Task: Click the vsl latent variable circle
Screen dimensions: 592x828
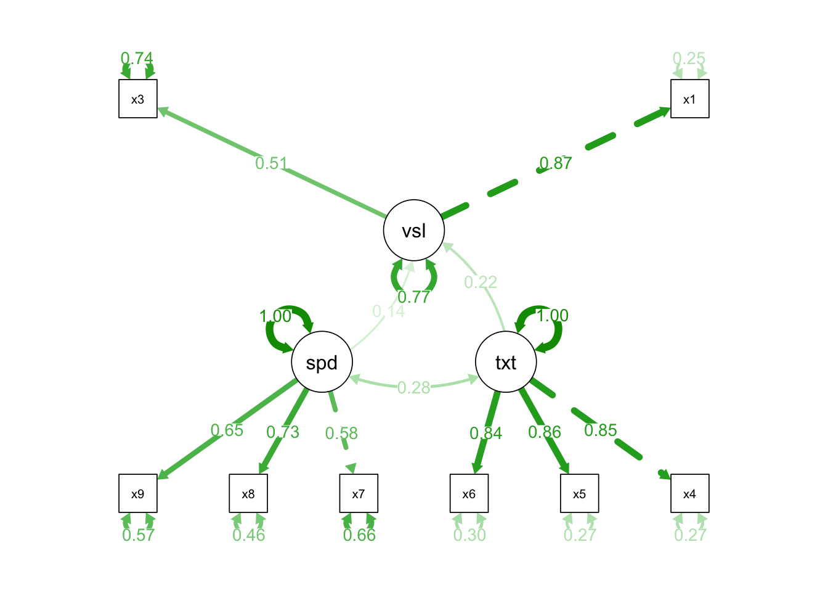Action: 413,230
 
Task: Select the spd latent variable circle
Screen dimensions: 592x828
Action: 322,362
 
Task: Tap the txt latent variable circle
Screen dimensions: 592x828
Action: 506,362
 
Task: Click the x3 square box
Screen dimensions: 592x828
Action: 138,99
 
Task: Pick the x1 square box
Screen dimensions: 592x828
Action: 689,99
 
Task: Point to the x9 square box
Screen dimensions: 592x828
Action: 138,493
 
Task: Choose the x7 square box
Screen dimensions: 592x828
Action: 359,493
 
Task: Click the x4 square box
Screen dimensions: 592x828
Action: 689,493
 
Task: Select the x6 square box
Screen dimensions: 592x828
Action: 469,493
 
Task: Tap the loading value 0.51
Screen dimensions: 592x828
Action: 272,163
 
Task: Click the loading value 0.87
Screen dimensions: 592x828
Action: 556,163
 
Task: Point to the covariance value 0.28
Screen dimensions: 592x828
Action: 413,387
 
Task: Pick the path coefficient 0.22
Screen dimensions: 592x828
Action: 481,282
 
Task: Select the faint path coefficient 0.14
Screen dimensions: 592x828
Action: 389,311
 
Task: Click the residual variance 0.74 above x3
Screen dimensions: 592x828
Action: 137,59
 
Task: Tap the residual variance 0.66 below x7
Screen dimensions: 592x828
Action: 359,535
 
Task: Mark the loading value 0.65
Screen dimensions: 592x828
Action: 227,430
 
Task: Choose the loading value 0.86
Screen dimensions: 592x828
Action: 545,432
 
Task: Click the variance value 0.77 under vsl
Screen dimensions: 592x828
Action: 413,297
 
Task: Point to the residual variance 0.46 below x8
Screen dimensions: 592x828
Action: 249,535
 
